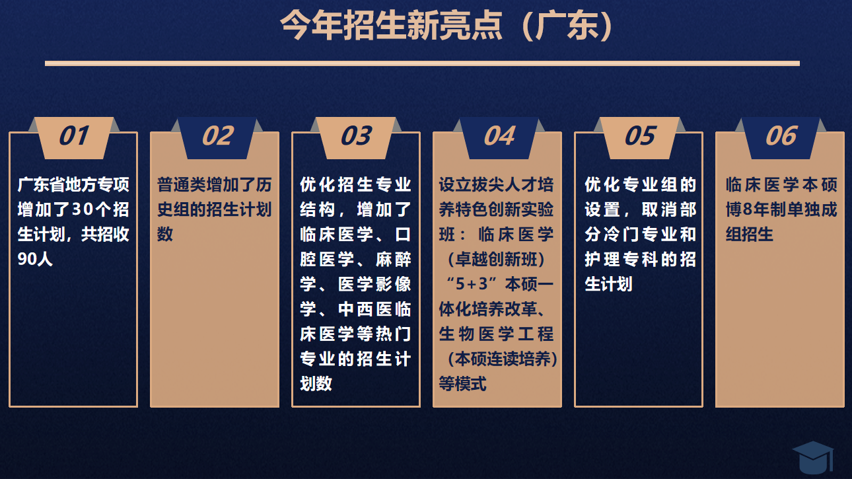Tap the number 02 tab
pyautogui.click(x=217, y=137)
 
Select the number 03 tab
pyautogui.click(x=357, y=137)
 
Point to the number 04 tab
pyautogui.click(x=499, y=137)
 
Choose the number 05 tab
pyautogui.click(x=640, y=137)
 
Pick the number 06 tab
pyautogui.click(x=781, y=137)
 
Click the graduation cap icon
pyautogui.click(x=813, y=458)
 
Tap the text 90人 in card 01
pyautogui.click(x=35, y=259)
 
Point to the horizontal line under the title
pyautogui.click(x=422, y=63)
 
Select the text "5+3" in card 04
pyautogui.click(x=472, y=284)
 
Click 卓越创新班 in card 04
pyautogui.click(x=497, y=259)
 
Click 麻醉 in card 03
pyautogui.click(x=393, y=259)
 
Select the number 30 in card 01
pyautogui.click(x=81, y=209)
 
